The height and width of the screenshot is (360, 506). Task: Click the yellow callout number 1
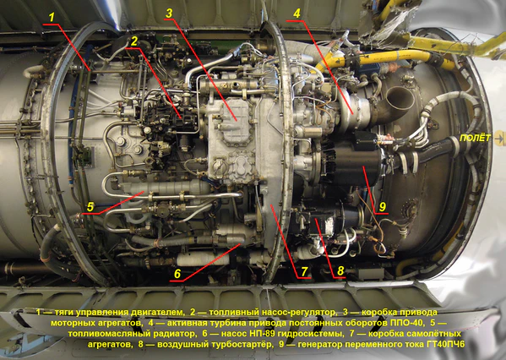click(52, 17)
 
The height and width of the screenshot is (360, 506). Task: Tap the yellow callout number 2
click(134, 41)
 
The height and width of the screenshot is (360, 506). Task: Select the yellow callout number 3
click(169, 13)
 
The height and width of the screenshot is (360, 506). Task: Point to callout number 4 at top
click(297, 14)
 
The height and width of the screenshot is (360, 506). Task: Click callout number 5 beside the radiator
click(90, 207)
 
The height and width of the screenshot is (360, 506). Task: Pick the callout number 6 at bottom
click(177, 274)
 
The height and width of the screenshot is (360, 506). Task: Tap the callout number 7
click(304, 271)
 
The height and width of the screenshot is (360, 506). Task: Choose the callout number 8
click(340, 271)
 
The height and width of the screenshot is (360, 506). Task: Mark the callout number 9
click(383, 207)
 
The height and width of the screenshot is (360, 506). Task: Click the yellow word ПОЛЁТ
click(475, 138)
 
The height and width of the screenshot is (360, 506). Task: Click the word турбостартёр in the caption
click(246, 344)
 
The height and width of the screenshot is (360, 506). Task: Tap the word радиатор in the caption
click(172, 334)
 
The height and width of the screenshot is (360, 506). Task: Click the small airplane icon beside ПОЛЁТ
click(499, 139)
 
